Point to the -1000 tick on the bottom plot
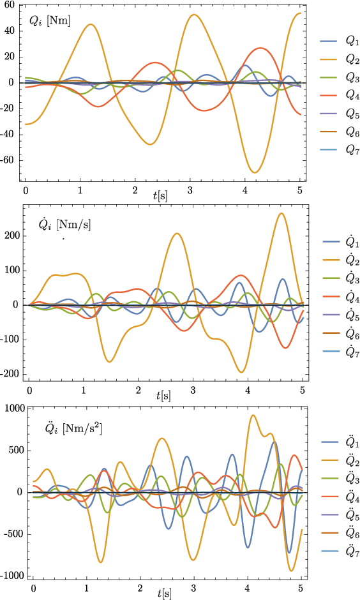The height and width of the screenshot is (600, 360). click(13, 576)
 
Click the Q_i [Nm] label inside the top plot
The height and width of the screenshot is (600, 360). click(49, 21)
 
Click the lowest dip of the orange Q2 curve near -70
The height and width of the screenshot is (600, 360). click(255, 172)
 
